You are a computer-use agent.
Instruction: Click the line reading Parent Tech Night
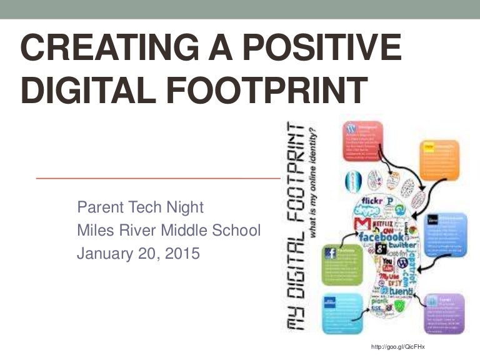click(x=140, y=207)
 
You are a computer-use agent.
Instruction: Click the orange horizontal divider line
click(x=156, y=178)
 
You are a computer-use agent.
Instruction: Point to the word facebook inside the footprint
click(x=382, y=237)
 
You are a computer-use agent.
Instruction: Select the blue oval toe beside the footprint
click(x=351, y=182)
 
